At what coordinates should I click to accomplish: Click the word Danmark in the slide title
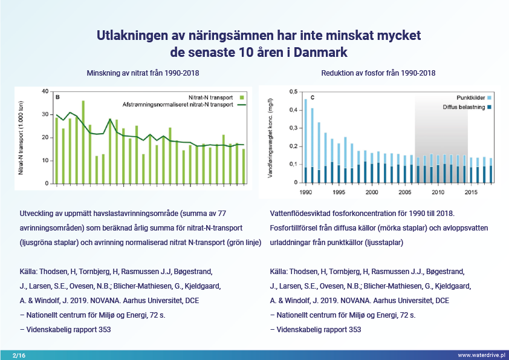[x=320, y=52]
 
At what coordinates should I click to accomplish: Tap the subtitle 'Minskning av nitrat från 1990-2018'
[x=143, y=73]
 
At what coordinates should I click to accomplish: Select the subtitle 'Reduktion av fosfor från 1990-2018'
[x=378, y=73]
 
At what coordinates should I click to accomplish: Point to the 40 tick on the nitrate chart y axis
[x=45, y=91]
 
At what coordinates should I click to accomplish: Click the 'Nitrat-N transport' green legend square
[x=242, y=97]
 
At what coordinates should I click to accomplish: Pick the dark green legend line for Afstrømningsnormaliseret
[x=242, y=105]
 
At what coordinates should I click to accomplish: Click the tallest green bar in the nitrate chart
[x=83, y=142]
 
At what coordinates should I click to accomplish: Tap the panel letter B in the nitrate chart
[x=57, y=97]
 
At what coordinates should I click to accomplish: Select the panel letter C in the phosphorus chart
[x=313, y=97]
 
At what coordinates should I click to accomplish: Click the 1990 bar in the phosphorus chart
[x=305, y=141]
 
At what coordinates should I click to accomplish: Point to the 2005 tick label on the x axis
[x=405, y=192]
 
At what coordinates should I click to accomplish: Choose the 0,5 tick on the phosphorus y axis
[x=293, y=92]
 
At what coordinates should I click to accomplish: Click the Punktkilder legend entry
[x=473, y=97]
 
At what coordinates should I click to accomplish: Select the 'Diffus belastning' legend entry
[x=467, y=107]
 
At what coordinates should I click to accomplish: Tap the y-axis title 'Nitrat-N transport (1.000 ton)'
[x=21, y=138]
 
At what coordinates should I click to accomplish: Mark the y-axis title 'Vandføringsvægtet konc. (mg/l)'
[x=270, y=138]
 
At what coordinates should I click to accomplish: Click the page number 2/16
[x=19, y=355]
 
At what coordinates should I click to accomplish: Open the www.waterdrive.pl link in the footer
[x=482, y=355]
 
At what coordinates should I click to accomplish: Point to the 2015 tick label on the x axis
[x=471, y=192]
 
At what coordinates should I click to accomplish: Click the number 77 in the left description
[x=222, y=214]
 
